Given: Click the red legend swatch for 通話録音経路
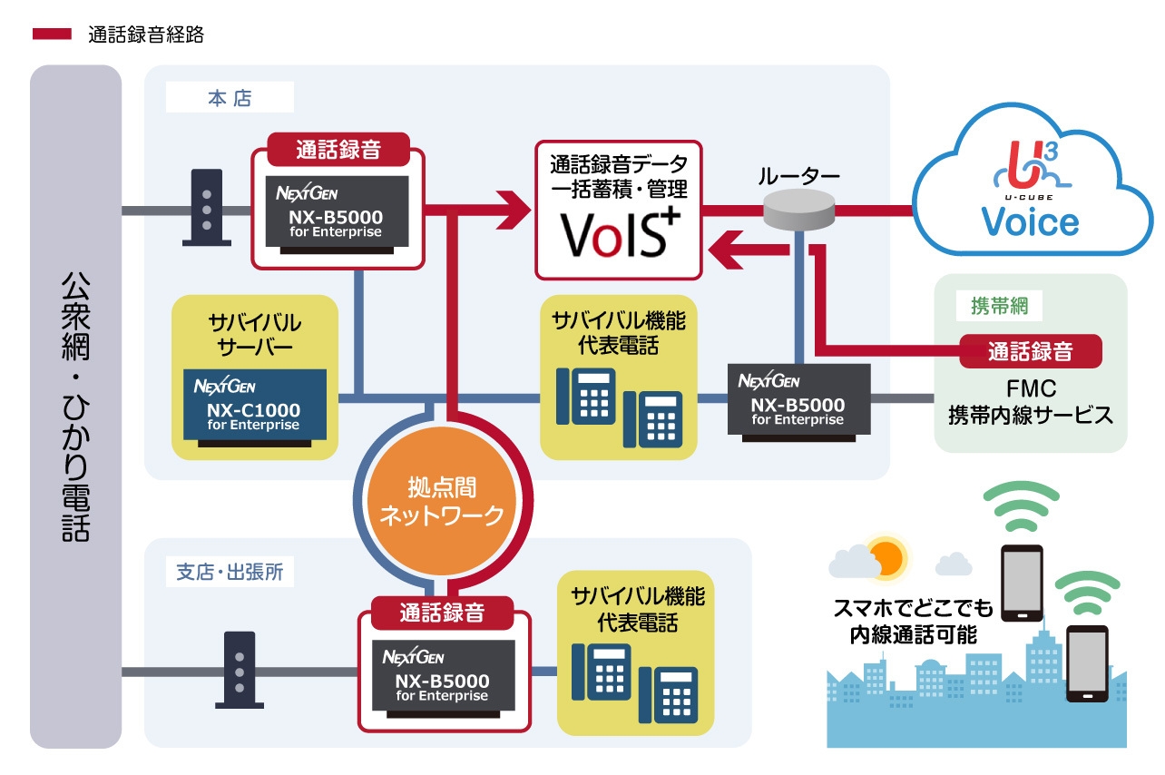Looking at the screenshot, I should (52, 34).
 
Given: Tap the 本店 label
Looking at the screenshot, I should (230, 99).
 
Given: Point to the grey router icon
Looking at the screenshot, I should (798, 211).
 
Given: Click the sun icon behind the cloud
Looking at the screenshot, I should (885, 556).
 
